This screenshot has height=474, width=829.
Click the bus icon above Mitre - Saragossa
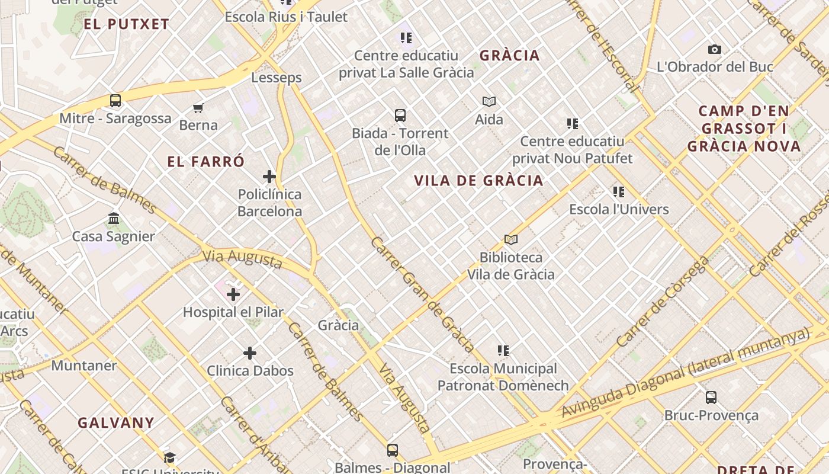pyautogui.click(x=115, y=101)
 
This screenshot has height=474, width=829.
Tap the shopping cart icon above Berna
pyautogui.click(x=198, y=108)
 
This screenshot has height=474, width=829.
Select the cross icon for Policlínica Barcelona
pyautogui.click(x=269, y=177)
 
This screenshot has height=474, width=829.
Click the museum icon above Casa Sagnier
pyautogui.click(x=114, y=219)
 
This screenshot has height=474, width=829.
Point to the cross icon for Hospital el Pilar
pyautogui.click(x=233, y=294)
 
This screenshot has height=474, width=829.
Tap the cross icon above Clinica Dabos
pyautogui.click(x=250, y=353)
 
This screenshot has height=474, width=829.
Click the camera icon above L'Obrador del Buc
pyautogui.click(x=715, y=50)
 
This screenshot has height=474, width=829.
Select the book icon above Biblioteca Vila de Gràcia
pyautogui.click(x=511, y=240)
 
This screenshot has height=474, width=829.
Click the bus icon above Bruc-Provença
pyautogui.click(x=711, y=398)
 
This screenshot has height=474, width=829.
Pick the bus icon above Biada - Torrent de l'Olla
pyautogui.click(x=400, y=116)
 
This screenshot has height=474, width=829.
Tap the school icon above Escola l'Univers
pyautogui.click(x=619, y=192)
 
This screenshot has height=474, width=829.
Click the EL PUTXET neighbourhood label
pyautogui.click(x=127, y=24)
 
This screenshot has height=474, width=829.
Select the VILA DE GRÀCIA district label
pyautogui.click(x=478, y=181)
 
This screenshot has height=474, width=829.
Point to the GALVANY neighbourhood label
pyautogui.click(x=116, y=423)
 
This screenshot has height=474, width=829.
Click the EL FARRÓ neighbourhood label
pyautogui.click(x=205, y=162)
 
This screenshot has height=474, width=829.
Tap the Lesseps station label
pyautogui.click(x=277, y=78)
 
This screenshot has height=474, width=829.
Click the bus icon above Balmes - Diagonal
pyautogui.click(x=393, y=450)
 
